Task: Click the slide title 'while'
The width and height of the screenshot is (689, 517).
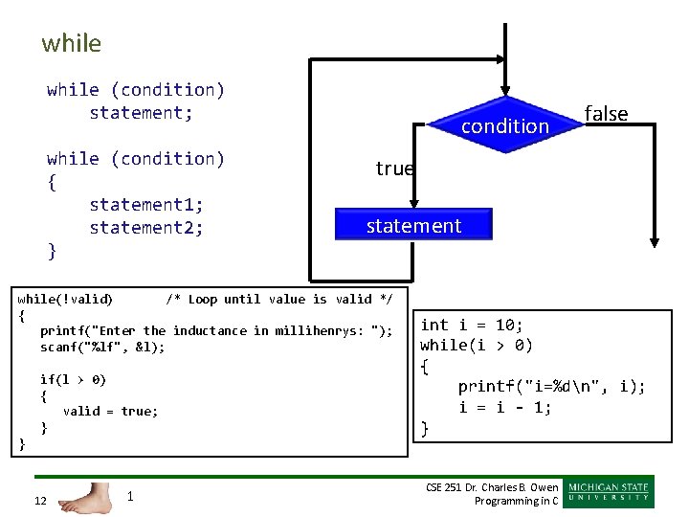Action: click(x=71, y=43)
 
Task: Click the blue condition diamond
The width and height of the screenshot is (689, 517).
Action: click(x=504, y=125)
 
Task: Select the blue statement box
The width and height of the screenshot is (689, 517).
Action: click(x=413, y=226)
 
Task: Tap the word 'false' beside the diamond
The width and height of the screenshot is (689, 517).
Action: click(x=606, y=114)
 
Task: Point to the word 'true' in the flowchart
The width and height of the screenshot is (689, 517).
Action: click(x=394, y=169)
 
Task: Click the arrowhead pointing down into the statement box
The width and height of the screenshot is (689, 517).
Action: click(x=412, y=202)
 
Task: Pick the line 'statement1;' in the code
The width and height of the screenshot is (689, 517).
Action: click(x=145, y=204)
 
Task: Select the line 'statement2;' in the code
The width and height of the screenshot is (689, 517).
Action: click(x=145, y=227)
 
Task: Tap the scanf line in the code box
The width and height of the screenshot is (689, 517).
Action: click(x=102, y=347)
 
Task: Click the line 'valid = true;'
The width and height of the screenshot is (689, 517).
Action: click(x=110, y=411)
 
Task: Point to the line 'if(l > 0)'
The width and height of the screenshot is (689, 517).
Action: click(x=73, y=379)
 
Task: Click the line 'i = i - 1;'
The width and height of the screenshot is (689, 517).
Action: click(x=505, y=407)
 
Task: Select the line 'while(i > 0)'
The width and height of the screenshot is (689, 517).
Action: click(x=477, y=345)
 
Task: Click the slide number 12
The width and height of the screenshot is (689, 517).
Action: click(x=39, y=501)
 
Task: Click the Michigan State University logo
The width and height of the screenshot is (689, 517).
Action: click(x=610, y=491)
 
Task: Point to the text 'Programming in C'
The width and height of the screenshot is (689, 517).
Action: click(x=516, y=501)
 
